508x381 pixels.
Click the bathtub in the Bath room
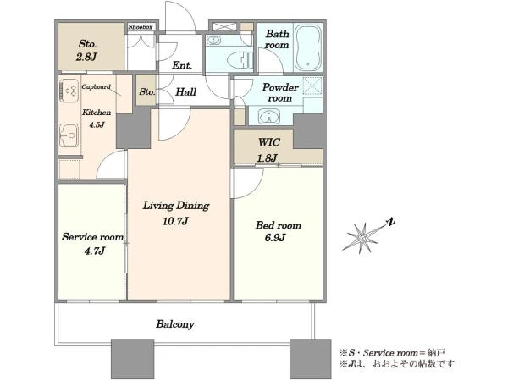coord(308,47)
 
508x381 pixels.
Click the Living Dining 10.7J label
coord(176,213)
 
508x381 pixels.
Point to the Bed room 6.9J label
coord(278,231)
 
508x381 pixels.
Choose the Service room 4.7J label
coord(93,243)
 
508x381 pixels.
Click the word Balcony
coord(175,324)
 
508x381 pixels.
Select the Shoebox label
coord(141,27)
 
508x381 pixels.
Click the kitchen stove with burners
coord(69,91)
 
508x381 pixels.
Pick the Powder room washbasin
coord(269,117)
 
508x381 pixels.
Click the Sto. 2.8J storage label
coord(87,51)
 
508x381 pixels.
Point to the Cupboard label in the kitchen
coord(96,87)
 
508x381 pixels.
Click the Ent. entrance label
coord(182,66)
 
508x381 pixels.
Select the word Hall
coord(185,92)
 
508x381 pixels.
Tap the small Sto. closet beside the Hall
coord(146,91)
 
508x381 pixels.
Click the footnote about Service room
coord(393,352)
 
